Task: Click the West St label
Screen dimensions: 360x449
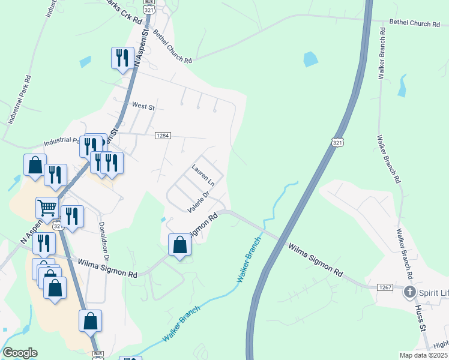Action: (143, 106)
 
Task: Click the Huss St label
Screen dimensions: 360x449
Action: (420, 319)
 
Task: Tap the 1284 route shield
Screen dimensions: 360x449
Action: (163, 136)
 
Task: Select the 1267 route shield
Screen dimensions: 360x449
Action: (385, 288)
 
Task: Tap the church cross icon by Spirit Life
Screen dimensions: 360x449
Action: (410, 292)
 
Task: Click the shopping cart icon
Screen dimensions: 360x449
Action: (47, 208)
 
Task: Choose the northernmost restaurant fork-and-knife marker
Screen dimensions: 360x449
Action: (122, 58)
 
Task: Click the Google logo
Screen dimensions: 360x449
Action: (20, 353)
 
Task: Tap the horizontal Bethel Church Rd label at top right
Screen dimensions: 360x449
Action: (414, 23)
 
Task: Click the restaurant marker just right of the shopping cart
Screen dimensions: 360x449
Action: (72, 217)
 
